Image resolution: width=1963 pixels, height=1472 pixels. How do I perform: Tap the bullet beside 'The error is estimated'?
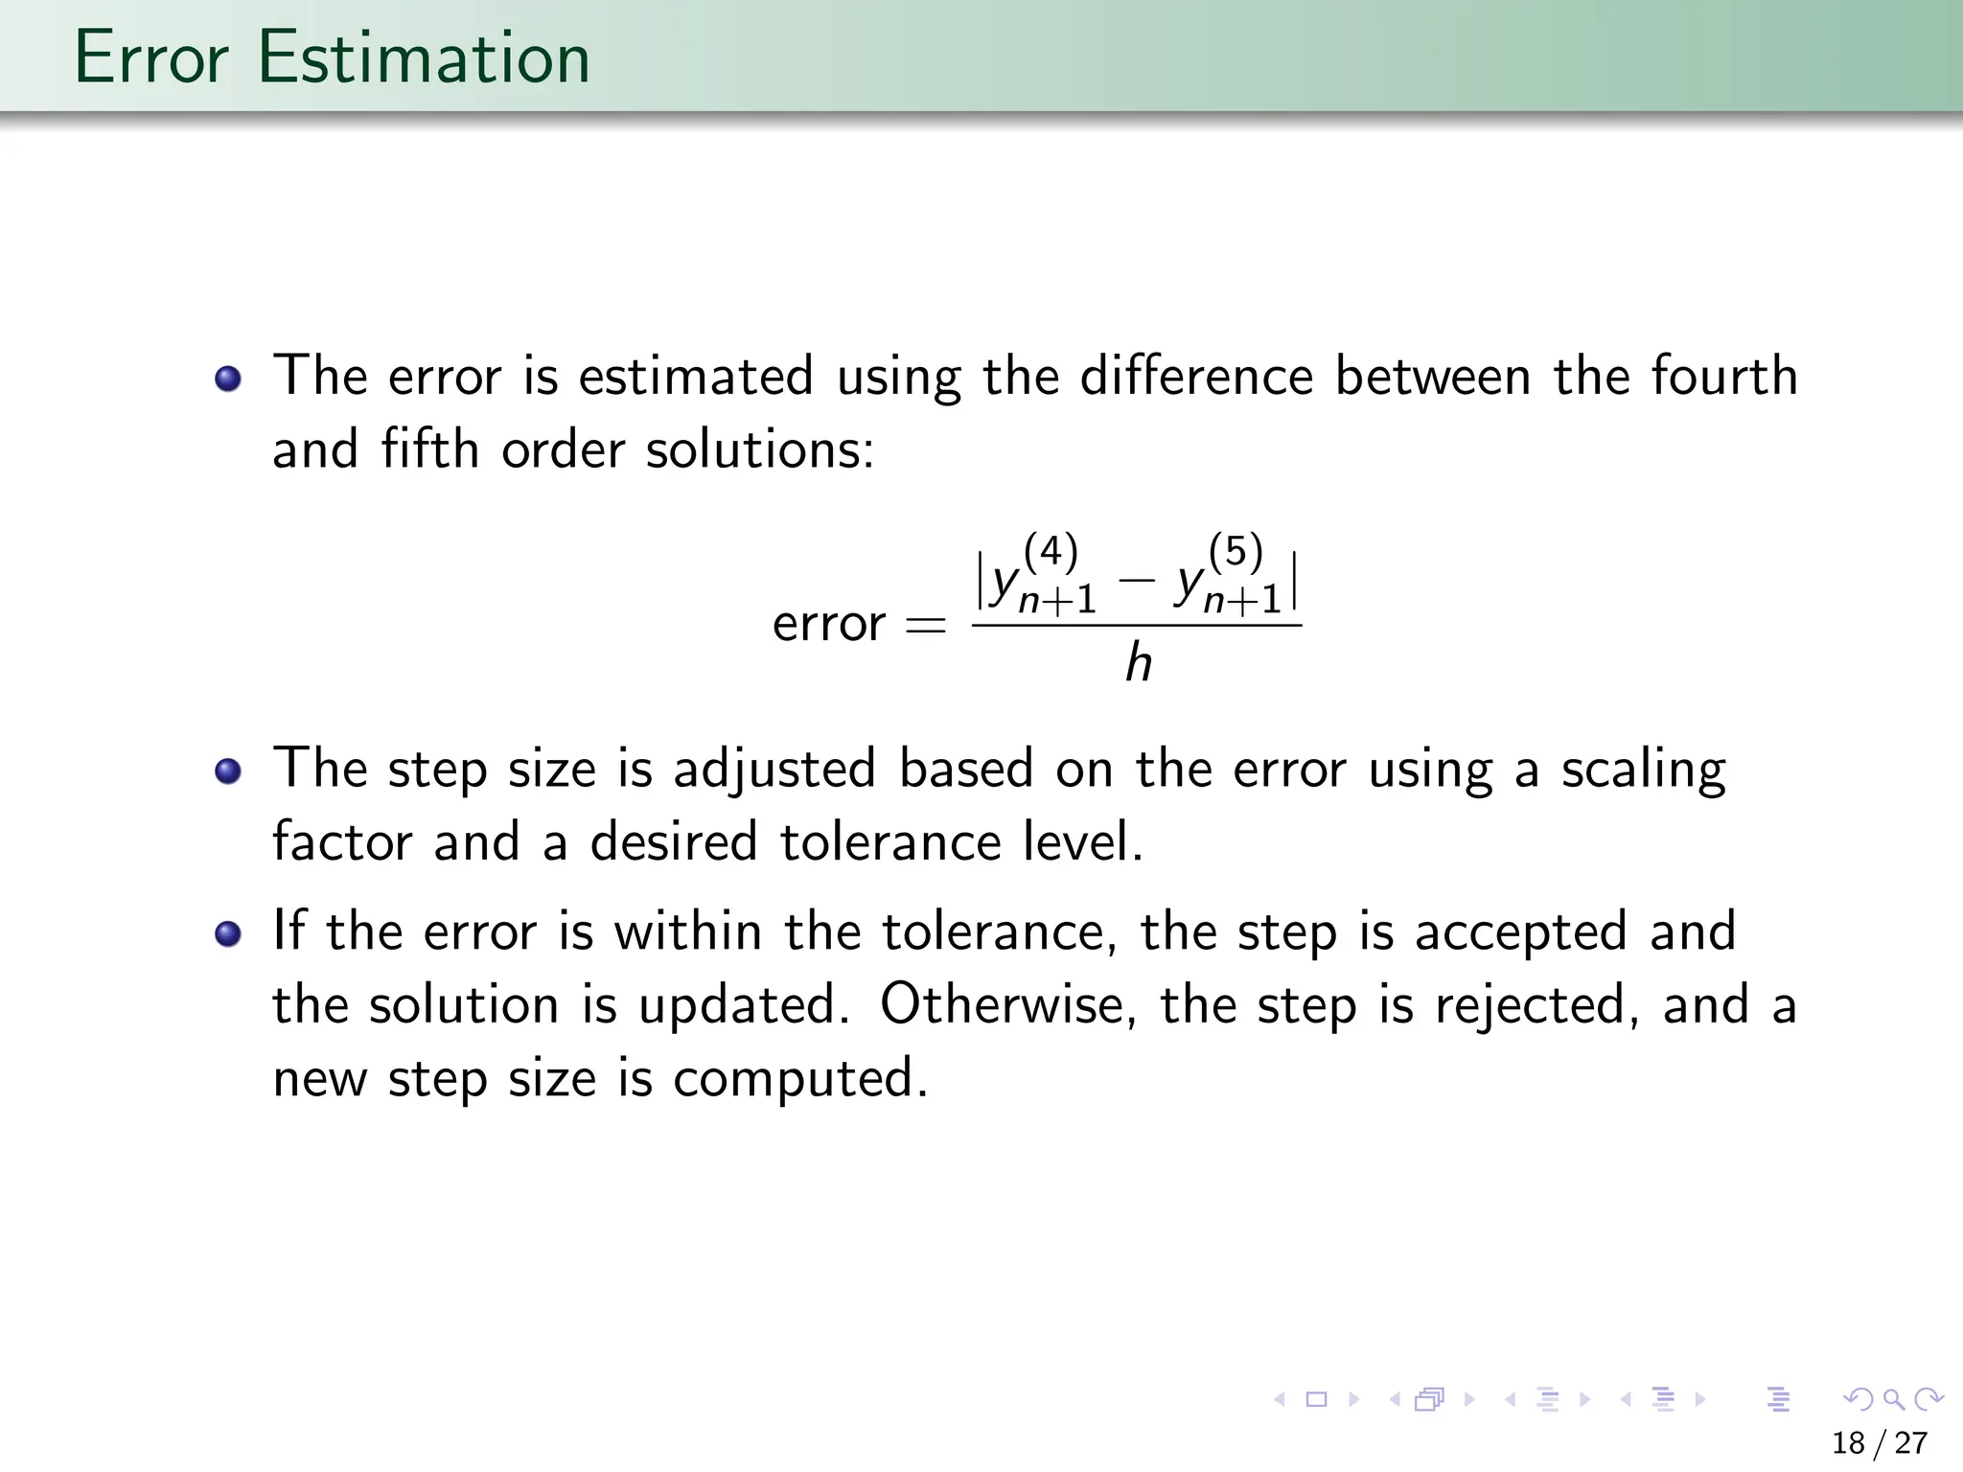click(x=228, y=379)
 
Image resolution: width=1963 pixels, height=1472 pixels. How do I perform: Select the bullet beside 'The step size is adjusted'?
click(x=228, y=771)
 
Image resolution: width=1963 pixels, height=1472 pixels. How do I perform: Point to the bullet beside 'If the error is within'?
click(x=228, y=934)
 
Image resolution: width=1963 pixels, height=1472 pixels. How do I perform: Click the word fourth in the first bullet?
click(x=1723, y=375)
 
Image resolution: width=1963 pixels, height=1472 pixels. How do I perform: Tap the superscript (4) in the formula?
click(x=1051, y=552)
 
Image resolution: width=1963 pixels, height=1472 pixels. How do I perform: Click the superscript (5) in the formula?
click(x=1236, y=552)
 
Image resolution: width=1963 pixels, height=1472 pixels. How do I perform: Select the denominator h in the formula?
click(x=1138, y=663)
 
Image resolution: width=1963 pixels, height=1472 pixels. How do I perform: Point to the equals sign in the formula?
click(x=925, y=626)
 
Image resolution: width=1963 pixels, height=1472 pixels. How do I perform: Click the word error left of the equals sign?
click(x=829, y=625)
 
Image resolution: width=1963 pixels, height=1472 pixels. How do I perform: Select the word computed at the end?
click(x=800, y=1079)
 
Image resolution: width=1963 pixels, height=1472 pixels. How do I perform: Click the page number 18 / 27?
click(x=1880, y=1443)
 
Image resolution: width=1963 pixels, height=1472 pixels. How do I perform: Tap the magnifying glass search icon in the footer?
click(x=1893, y=1399)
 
